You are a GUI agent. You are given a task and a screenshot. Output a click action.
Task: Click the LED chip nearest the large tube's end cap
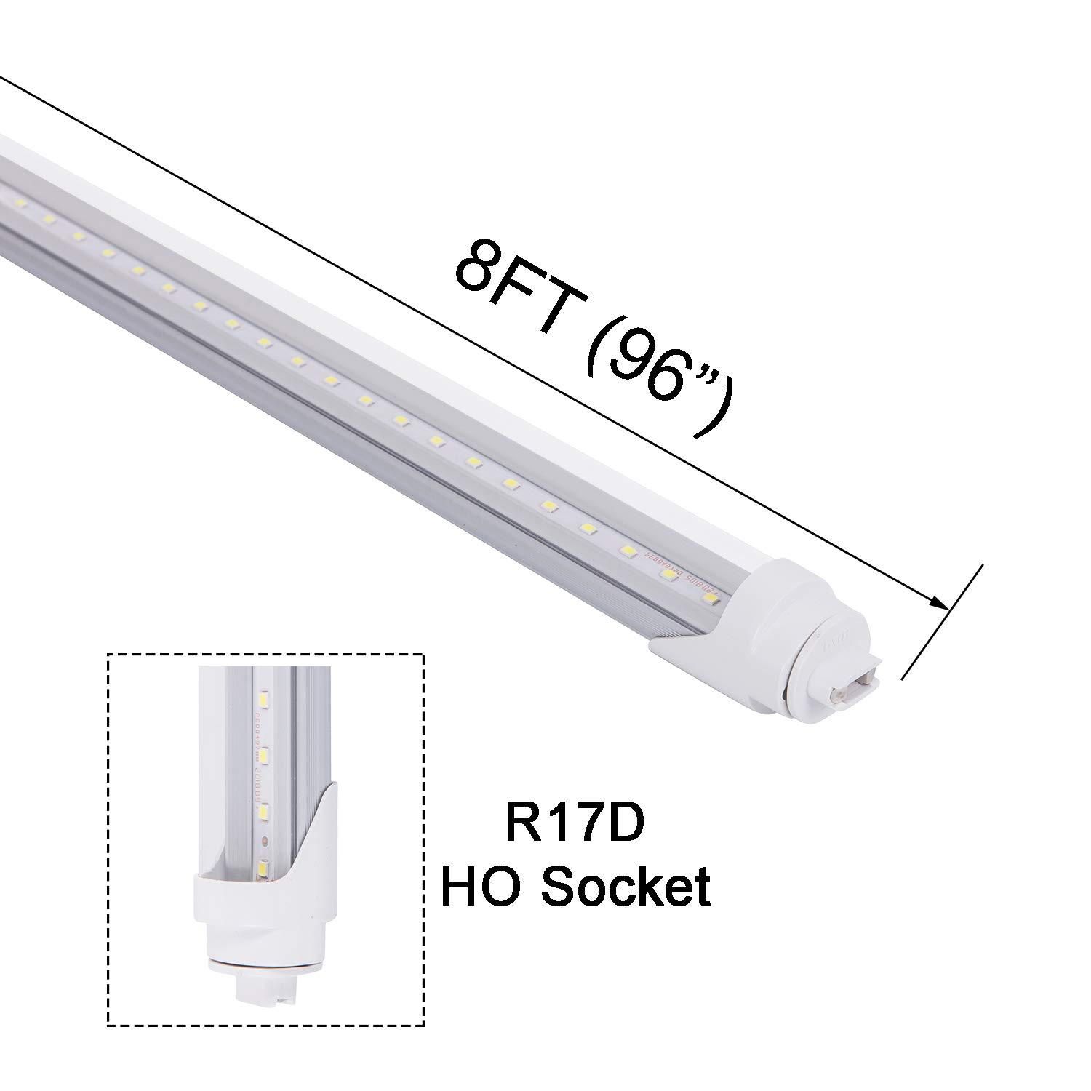pos(709,598)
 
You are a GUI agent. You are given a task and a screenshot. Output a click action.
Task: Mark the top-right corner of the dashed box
pos(424,654)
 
